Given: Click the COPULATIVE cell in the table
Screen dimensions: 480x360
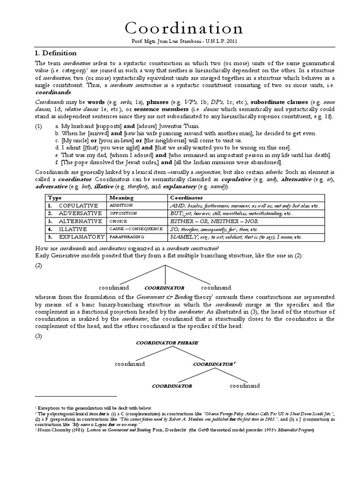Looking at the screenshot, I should (78, 206).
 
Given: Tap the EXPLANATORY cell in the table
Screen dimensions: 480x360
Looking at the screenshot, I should (82, 237).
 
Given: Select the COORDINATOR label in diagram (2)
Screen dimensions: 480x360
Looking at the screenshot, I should (164, 287).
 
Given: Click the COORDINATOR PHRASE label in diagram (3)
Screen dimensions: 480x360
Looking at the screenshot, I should (161, 343).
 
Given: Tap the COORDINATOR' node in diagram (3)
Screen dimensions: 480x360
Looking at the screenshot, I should (213, 363).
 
